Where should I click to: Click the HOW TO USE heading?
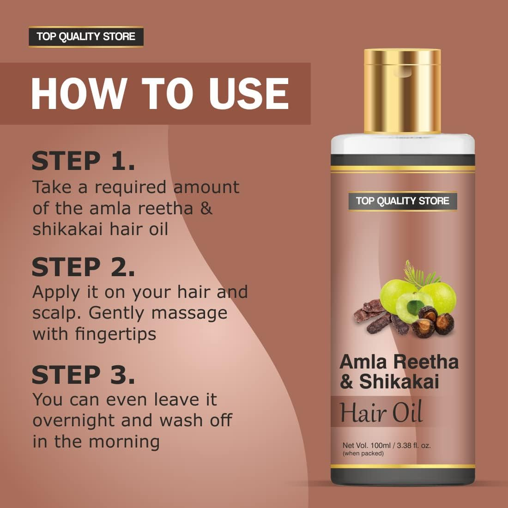[159, 94]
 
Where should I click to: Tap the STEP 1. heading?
[84, 161]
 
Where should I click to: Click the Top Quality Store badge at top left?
[86, 37]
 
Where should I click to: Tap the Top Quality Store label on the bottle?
[402, 201]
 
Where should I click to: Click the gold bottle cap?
[402, 90]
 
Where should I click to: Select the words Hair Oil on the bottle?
[381, 412]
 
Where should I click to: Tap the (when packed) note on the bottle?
[363, 454]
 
